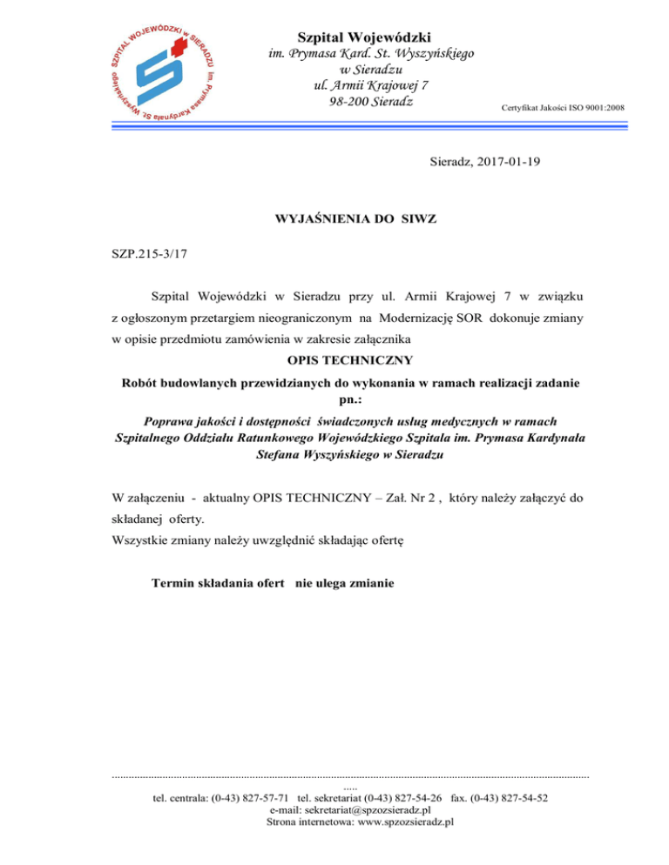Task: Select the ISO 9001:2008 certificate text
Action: pos(563,108)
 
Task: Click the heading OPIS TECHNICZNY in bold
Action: pos(348,359)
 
